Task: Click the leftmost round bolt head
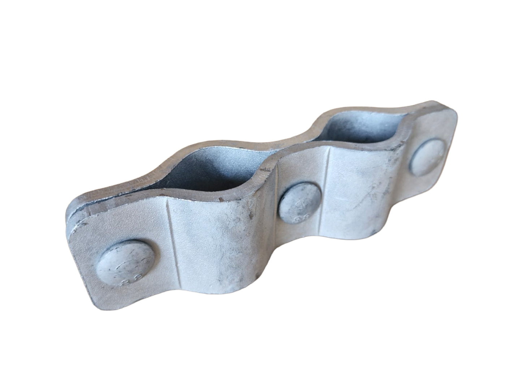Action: [x=126, y=261]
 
